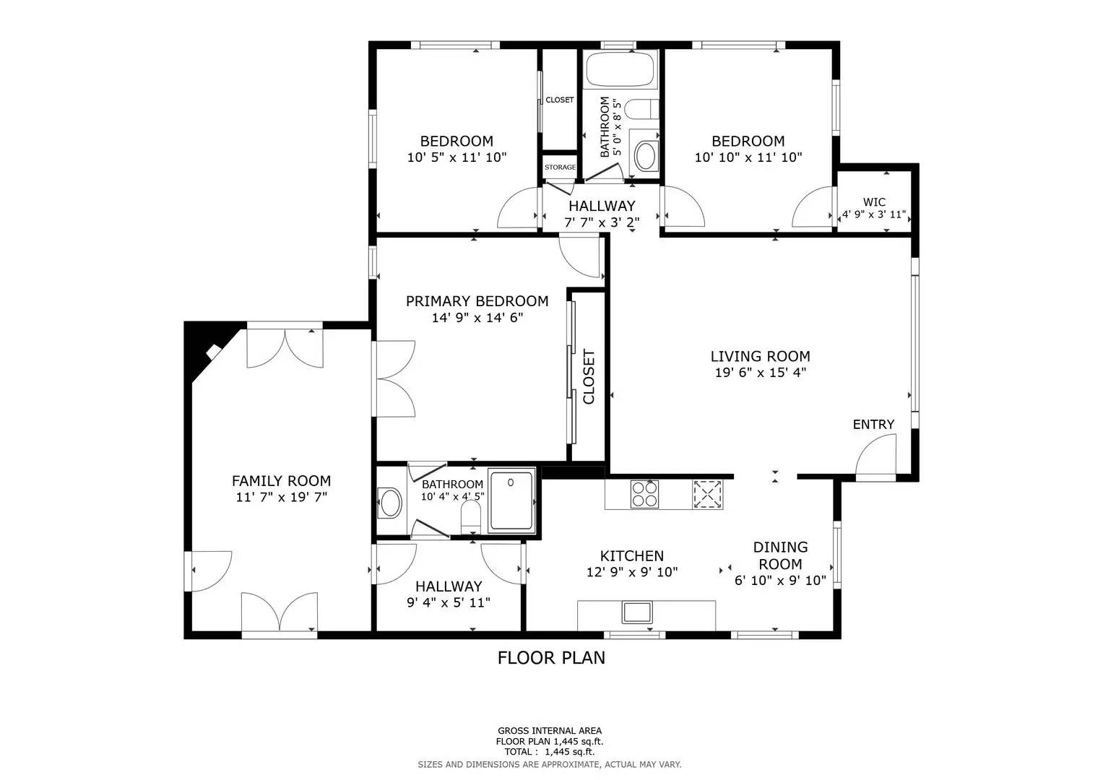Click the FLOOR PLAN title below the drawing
click(x=551, y=658)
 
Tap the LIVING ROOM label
click(x=760, y=356)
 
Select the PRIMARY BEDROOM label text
click(x=477, y=301)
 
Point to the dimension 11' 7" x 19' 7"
click(x=281, y=497)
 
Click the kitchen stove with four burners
click(x=645, y=495)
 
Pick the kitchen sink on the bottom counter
click(x=637, y=612)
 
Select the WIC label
click(x=874, y=202)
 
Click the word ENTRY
click(x=873, y=425)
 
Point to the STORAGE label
click(x=560, y=168)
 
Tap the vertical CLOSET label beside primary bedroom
click(x=589, y=377)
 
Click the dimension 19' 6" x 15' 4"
click(x=760, y=373)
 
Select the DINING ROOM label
click(x=780, y=555)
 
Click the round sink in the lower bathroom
click(x=390, y=503)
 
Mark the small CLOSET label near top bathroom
click(x=560, y=100)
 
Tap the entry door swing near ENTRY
click(x=875, y=459)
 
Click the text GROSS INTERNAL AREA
click(x=549, y=731)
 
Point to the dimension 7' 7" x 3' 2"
click(x=602, y=222)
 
